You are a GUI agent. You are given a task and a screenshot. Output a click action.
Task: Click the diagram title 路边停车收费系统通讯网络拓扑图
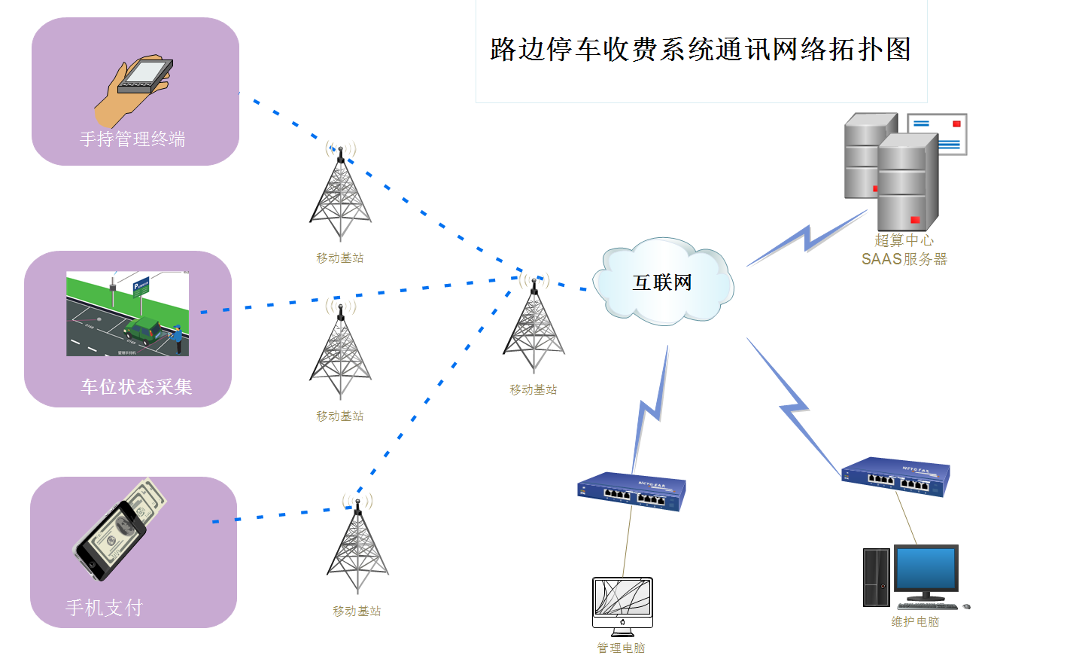click(701, 50)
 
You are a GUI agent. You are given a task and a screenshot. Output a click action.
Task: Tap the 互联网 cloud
click(662, 282)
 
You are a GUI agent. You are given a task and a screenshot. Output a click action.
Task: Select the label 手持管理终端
click(132, 139)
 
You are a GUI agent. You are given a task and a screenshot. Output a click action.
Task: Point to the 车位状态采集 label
click(136, 387)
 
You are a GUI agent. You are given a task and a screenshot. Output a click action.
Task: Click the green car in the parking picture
click(141, 331)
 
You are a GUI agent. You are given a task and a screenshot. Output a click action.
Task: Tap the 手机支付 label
click(105, 608)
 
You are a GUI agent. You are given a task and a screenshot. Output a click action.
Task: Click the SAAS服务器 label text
click(904, 259)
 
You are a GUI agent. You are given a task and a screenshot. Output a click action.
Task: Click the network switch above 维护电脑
click(895, 476)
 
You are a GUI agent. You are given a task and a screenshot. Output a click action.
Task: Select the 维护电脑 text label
click(915, 622)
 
